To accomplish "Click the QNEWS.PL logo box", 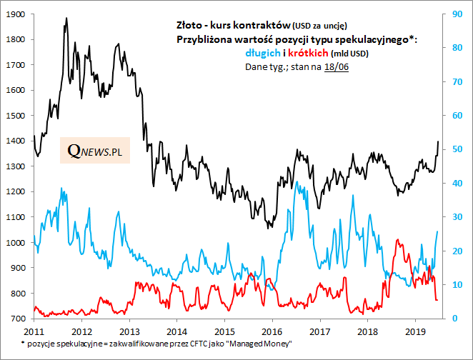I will click(x=94, y=151).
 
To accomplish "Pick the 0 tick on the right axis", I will click(x=452, y=319).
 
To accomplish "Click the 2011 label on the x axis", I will click(x=34, y=332).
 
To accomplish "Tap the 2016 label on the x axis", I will click(x=272, y=332).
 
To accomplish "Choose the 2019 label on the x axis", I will click(x=415, y=332).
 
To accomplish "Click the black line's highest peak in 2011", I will click(x=66, y=19).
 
